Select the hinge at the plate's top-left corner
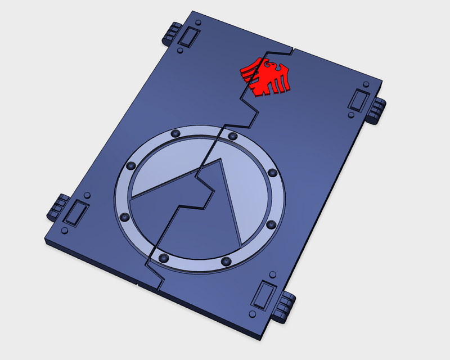[x=172, y=34]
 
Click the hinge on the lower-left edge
[x=56, y=209]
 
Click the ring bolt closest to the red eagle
[x=231, y=136]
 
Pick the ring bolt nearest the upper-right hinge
[x=272, y=173]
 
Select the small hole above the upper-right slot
[x=363, y=82]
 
